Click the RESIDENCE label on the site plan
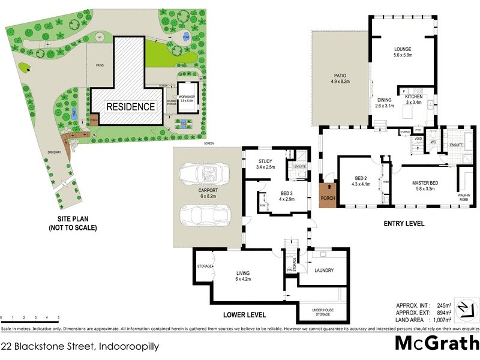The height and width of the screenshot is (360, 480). (131, 107)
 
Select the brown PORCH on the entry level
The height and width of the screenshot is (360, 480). (328, 194)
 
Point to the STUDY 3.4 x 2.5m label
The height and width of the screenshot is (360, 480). (265, 164)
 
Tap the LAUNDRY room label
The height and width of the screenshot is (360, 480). (324, 270)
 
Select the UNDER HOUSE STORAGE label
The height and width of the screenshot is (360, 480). (323, 312)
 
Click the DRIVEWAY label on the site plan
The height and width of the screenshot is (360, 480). (55, 153)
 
